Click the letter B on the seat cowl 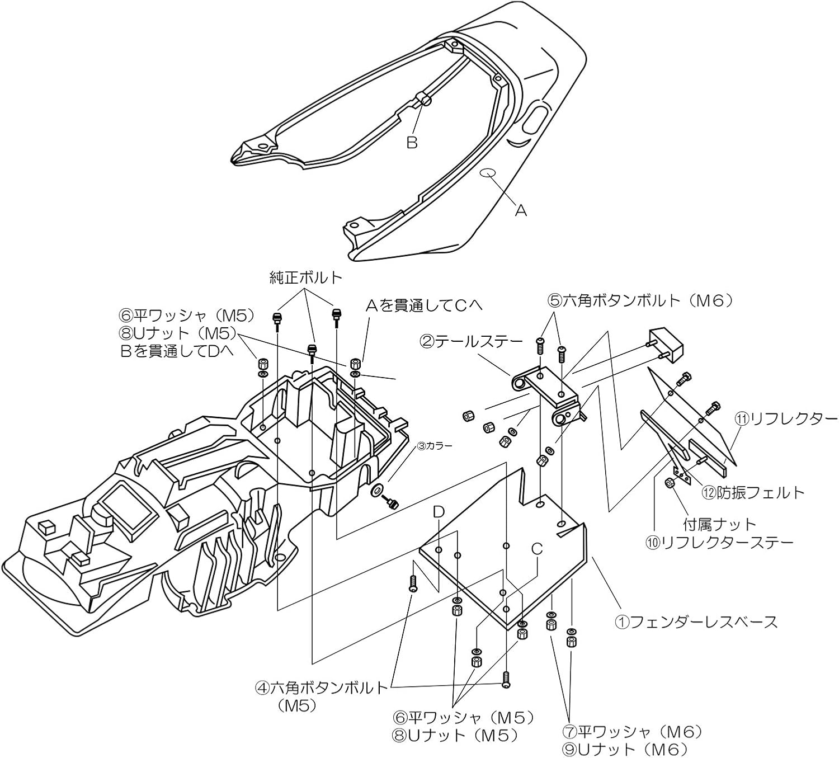pyautogui.click(x=412, y=143)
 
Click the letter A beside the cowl pyautogui.click(x=521, y=210)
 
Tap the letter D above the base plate pyautogui.click(x=439, y=511)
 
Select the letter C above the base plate pyautogui.click(x=537, y=549)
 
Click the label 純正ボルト pyautogui.click(x=305, y=277)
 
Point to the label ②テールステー pyautogui.click(x=471, y=341)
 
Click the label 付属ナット pyautogui.click(x=720, y=524)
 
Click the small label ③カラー pyautogui.click(x=432, y=446)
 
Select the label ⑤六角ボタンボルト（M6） pyautogui.click(x=640, y=301)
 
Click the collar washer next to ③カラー pyautogui.click(x=378, y=491)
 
